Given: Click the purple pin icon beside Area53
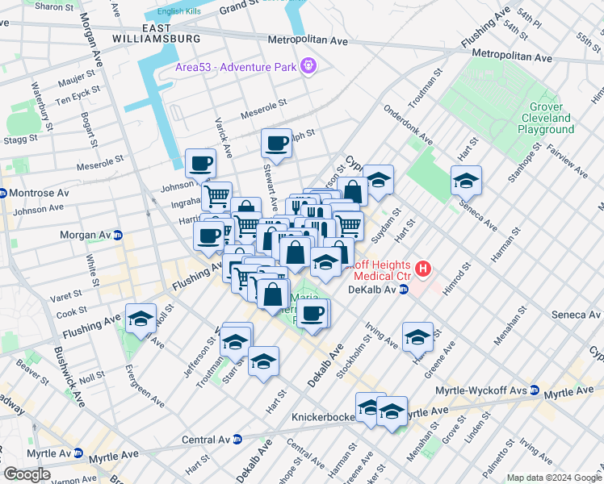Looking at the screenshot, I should [x=308, y=65].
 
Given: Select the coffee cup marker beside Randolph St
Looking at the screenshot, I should [x=276, y=144].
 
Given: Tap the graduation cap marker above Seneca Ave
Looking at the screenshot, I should [x=466, y=181].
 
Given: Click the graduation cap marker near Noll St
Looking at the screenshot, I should [x=141, y=319].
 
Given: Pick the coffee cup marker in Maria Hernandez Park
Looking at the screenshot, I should [x=312, y=313].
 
